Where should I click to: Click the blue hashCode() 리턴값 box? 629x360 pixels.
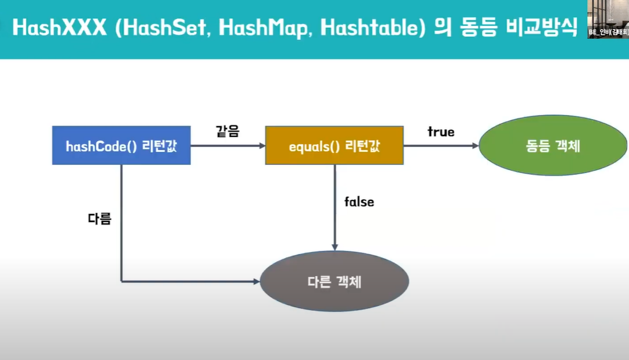pyautogui.click(x=121, y=145)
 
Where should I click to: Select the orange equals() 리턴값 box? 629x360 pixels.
pyautogui.click(x=334, y=146)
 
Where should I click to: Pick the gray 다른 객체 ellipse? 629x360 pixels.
pyautogui.click(x=334, y=282)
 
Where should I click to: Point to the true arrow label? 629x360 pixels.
pyautogui.click(x=441, y=132)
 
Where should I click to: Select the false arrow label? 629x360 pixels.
pyautogui.click(x=359, y=202)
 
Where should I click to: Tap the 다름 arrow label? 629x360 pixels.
pyautogui.click(x=99, y=219)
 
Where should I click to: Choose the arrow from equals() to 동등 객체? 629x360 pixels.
pyautogui.click(x=441, y=146)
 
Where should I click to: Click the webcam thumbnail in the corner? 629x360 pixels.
pyautogui.click(x=608, y=19)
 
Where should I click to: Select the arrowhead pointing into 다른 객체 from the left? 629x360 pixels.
pyautogui.click(x=256, y=282)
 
